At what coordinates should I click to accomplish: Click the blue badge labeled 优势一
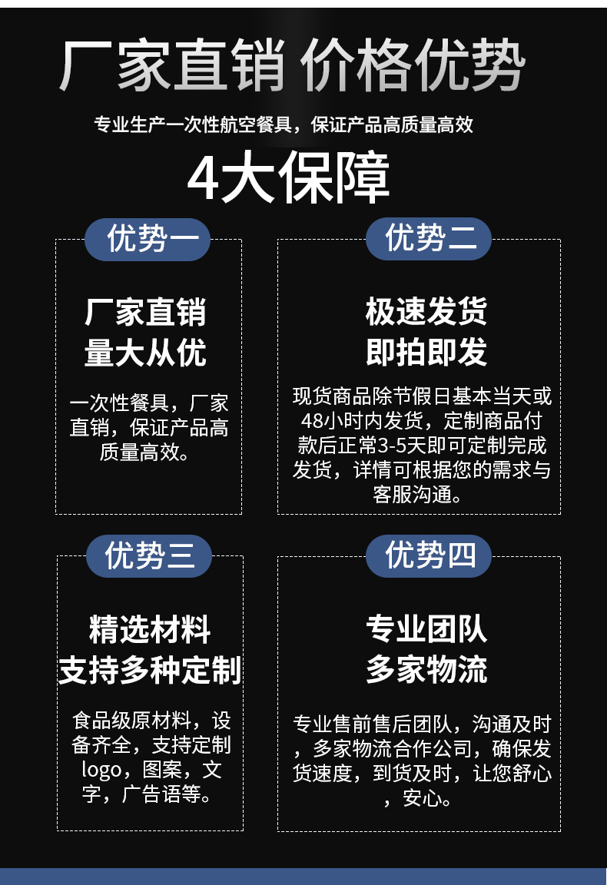148,239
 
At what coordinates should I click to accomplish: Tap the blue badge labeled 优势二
428,238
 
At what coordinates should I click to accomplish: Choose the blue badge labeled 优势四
428,555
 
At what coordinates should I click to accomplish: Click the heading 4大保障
289,179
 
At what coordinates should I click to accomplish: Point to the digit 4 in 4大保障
203,179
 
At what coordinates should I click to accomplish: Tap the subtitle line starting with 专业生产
284,124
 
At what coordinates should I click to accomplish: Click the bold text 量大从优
146,353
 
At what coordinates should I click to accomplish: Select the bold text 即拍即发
426,353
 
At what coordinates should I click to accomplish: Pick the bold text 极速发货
426,313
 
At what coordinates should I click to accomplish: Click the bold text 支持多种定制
150,670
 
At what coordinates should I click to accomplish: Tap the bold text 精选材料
150,630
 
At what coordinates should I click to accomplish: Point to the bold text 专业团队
426,629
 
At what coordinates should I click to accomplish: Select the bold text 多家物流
426,669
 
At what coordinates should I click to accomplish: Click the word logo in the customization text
101,770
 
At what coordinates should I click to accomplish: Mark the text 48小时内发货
362,421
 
